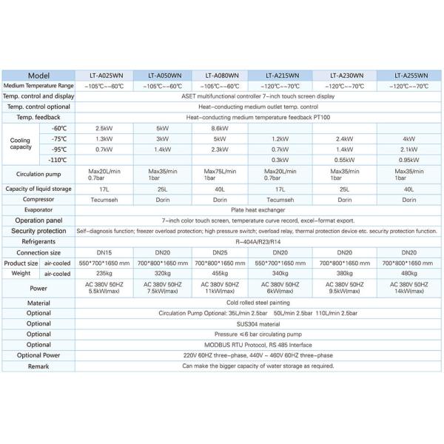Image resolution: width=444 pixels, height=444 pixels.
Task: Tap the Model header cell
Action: [x=38, y=75]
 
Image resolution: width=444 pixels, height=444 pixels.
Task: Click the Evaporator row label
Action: [x=38, y=209]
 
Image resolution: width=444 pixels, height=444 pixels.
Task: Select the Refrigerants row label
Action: [x=38, y=241]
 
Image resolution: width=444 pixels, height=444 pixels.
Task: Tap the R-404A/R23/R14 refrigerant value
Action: [x=257, y=241]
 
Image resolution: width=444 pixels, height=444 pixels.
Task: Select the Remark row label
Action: [x=38, y=366]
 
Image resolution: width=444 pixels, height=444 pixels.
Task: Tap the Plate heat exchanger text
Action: [x=257, y=209]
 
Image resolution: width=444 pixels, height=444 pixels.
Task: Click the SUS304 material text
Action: [x=257, y=323]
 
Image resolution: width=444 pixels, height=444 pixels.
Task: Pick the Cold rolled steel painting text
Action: [x=257, y=303]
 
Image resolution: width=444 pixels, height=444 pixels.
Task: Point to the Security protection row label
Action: [x=38, y=231]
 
